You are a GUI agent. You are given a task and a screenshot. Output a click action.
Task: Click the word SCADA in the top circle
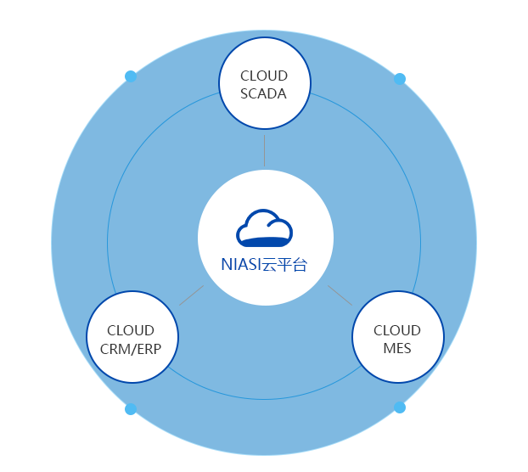(x=264, y=93)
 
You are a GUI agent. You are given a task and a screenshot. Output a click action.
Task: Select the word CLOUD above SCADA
(x=264, y=76)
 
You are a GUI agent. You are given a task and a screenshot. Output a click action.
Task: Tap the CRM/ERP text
(x=131, y=349)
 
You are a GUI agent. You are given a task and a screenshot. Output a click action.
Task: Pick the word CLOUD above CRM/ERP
(x=131, y=330)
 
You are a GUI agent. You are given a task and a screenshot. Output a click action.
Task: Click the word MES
(x=396, y=349)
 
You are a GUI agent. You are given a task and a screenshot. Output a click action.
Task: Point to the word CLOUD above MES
(x=396, y=330)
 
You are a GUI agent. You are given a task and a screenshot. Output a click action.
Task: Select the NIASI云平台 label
(x=264, y=265)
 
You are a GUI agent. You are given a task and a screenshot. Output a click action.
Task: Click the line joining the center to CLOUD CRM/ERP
(x=191, y=295)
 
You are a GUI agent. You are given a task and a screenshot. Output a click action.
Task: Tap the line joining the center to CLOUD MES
(x=340, y=295)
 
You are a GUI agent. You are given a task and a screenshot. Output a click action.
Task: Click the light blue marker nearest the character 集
(x=129, y=76)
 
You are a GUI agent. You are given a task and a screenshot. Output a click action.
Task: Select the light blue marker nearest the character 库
(x=400, y=79)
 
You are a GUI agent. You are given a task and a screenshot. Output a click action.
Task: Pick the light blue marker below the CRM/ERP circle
(x=130, y=409)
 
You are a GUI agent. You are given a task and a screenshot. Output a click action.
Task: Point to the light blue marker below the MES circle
(x=400, y=408)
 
